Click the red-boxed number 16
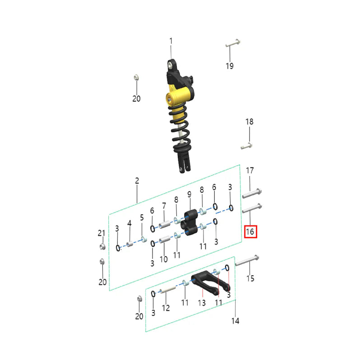point(250,232)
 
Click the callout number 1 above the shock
point(171,42)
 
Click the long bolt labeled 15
point(246,260)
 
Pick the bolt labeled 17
point(252,194)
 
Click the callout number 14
point(235,321)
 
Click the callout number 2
point(137,181)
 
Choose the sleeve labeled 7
point(166,223)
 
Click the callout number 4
point(129,223)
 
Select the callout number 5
point(142,218)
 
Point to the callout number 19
point(230,66)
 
